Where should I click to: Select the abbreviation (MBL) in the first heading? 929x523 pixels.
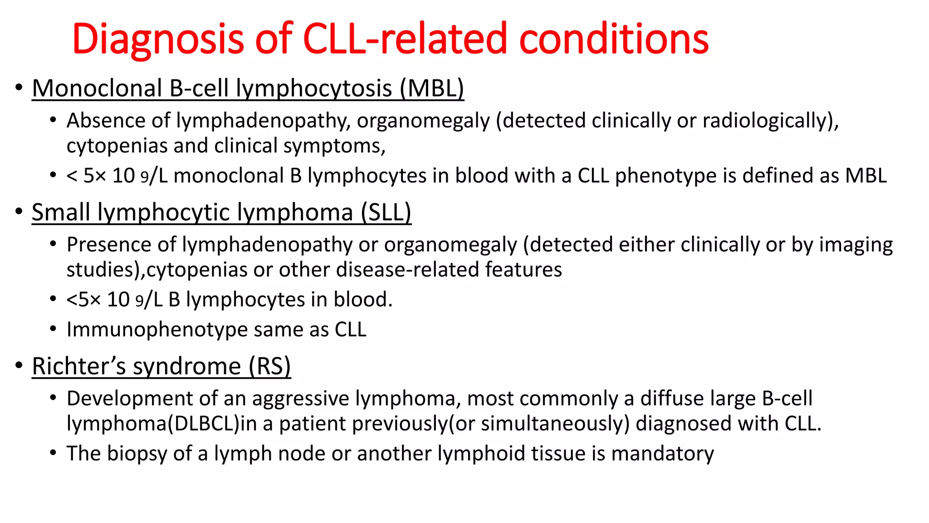(432, 88)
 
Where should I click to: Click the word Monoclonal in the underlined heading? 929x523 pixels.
(97, 88)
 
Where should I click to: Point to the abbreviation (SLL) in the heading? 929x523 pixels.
(386, 212)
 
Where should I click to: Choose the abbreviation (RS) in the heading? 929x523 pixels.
(269, 366)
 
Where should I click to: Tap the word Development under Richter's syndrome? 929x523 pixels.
(130, 399)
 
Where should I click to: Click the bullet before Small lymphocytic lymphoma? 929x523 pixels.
(19, 212)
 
